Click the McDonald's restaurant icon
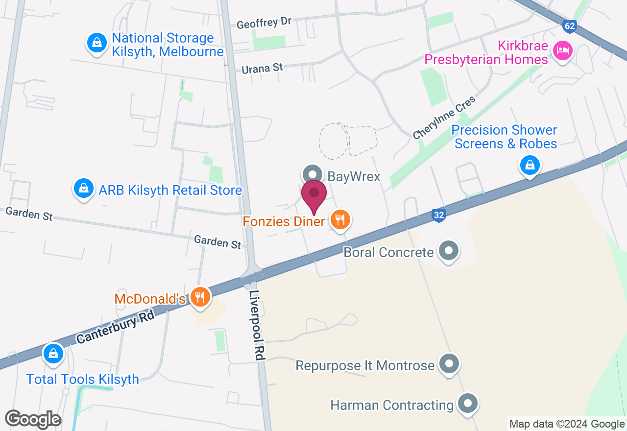[x=200, y=297]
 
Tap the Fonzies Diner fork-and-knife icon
[x=340, y=219]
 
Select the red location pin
[x=313, y=195]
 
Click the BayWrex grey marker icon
[x=312, y=175]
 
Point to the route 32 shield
[x=438, y=215]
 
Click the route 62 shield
[x=569, y=26]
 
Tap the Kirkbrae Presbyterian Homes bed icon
[x=562, y=50]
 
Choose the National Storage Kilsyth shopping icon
[x=97, y=43]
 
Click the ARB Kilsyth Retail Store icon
[x=84, y=189]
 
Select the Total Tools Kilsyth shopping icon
[x=53, y=354]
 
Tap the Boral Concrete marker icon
[x=448, y=251]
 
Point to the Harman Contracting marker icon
[x=467, y=405]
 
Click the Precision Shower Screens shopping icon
[x=530, y=165]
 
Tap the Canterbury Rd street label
[x=116, y=326]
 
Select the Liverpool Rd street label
[x=257, y=326]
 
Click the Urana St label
[x=263, y=68]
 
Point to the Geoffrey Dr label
[x=264, y=23]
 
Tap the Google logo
[x=33, y=419]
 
